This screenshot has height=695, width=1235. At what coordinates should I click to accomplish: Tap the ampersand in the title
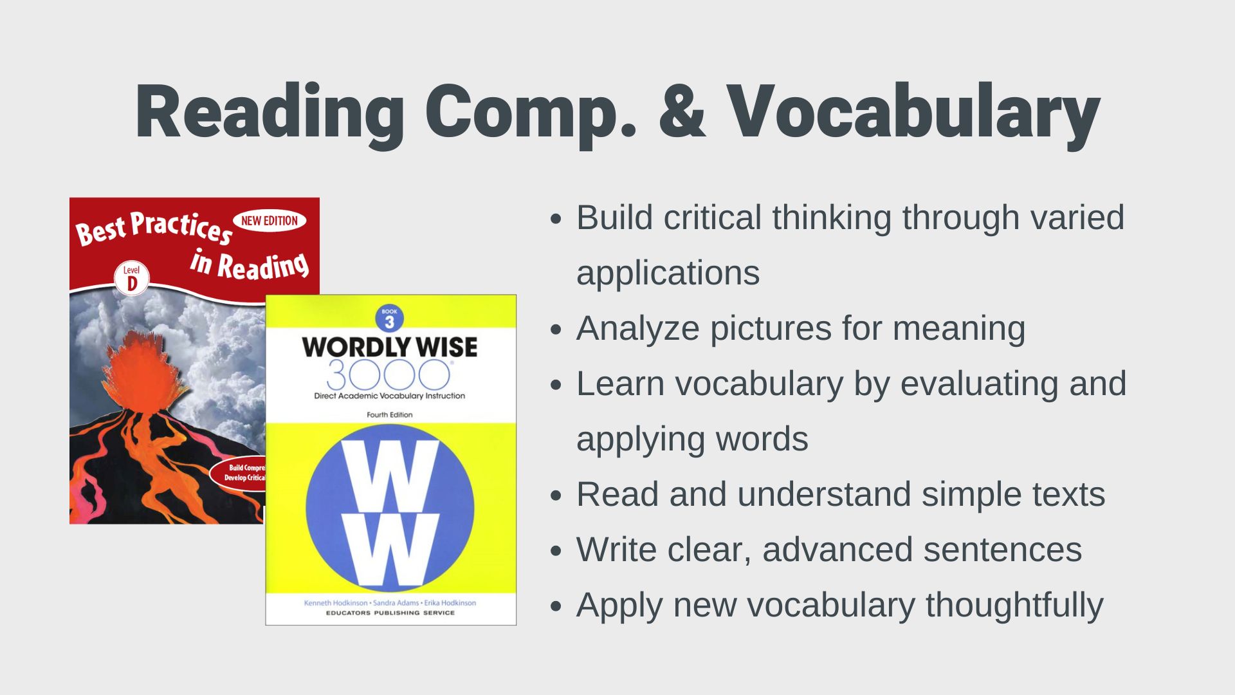pos(682,111)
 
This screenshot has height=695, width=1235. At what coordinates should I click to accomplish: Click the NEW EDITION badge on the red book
pos(269,221)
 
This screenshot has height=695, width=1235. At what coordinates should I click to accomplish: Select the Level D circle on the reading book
pos(132,278)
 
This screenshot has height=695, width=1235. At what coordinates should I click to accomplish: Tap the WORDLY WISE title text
pos(390,347)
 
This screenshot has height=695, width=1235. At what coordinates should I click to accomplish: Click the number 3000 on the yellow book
pos(389,375)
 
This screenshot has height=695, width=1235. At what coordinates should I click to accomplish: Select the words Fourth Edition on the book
pos(390,415)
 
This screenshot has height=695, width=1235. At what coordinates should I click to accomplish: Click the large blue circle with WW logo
pos(390,508)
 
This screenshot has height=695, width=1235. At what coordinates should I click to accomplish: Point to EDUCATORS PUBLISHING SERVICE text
pos(390,613)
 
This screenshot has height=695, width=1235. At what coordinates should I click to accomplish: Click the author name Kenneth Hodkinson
pos(336,604)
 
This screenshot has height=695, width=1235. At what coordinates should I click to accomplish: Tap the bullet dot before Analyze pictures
pos(556,330)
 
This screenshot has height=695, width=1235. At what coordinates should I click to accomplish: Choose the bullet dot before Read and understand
pos(556,496)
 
